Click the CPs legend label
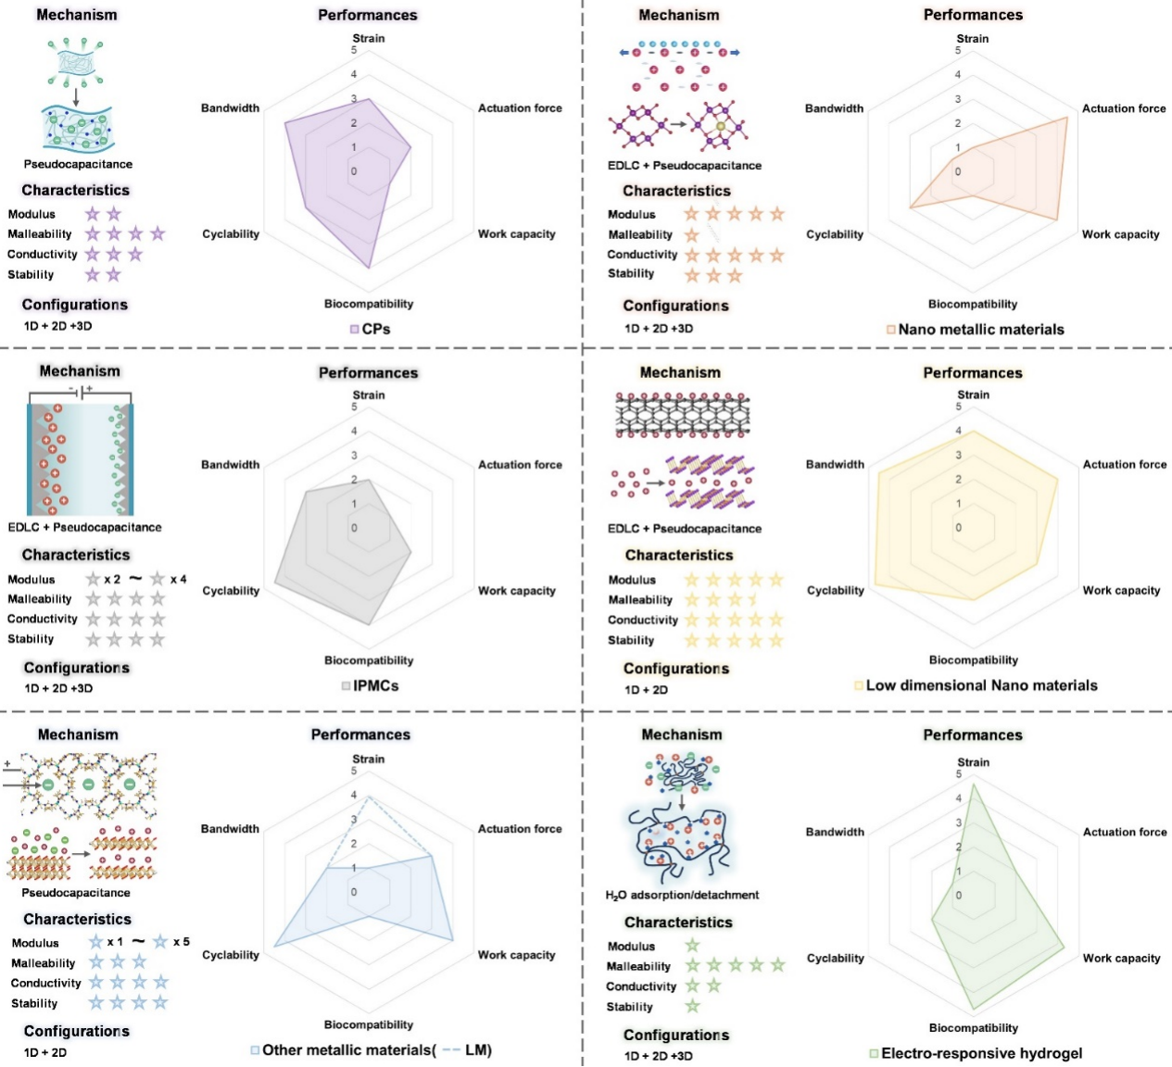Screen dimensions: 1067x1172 pos(375,329)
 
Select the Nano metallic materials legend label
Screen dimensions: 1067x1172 pos(980,329)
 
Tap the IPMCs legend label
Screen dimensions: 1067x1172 pos(375,685)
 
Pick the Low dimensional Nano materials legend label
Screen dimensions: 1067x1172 pos(981,685)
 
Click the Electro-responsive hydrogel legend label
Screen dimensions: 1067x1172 pos(981,1053)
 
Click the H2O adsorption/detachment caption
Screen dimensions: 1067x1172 pos(682,895)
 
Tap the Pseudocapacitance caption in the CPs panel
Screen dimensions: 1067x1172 pos(78,164)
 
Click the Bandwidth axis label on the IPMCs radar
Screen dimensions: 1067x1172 pos(230,464)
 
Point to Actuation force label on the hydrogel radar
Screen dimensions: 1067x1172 pos(1125,832)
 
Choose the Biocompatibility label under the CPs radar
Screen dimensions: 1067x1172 pos(369,304)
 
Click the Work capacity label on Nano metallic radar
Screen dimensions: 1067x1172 pos(1120,234)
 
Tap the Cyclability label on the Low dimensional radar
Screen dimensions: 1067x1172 pos(835,590)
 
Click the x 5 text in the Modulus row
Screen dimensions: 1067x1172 pos(181,942)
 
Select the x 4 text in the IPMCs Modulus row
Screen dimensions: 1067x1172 pos(178,579)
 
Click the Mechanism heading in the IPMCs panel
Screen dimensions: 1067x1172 pos(80,370)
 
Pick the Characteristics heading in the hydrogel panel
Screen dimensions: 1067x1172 pos(678,923)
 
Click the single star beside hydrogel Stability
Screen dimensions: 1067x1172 pos(692,1007)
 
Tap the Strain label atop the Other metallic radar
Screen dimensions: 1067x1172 pos(368,759)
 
